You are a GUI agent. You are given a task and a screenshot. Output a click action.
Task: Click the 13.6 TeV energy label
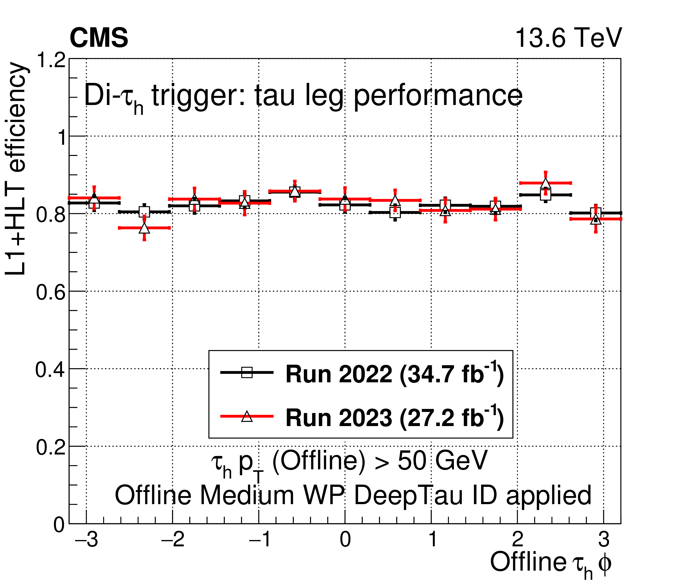(x=568, y=38)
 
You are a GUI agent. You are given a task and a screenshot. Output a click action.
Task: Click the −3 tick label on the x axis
(x=86, y=540)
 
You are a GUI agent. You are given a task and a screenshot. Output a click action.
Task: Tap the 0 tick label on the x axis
(x=345, y=540)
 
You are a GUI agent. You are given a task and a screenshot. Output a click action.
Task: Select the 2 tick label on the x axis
(x=518, y=540)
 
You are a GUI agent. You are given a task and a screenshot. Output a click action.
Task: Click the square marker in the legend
(x=247, y=372)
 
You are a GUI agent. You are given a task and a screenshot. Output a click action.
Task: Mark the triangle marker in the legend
(x=247, y=416)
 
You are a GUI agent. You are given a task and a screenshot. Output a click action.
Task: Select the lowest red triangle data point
(x=144, y=228)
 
